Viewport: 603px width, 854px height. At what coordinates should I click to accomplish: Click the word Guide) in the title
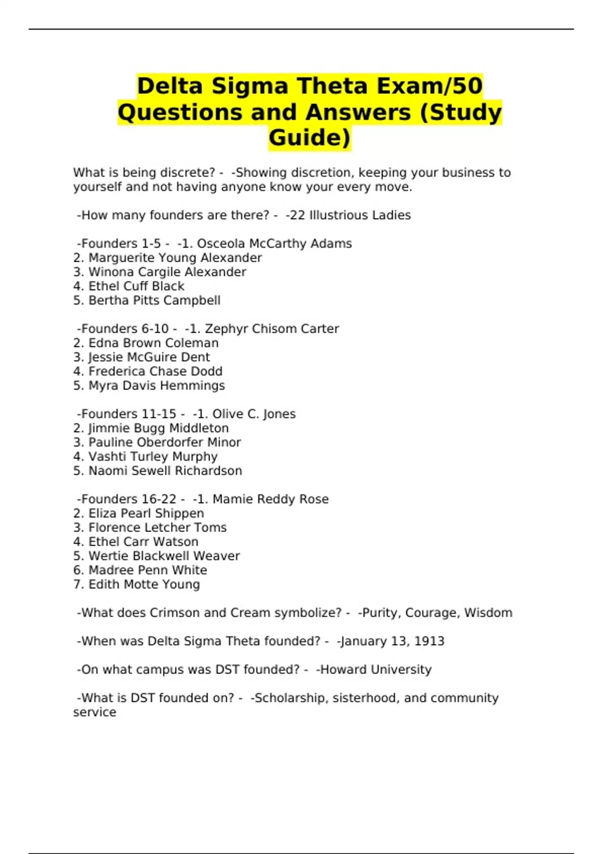(310, 138)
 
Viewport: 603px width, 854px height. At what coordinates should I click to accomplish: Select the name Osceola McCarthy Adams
(274, 244)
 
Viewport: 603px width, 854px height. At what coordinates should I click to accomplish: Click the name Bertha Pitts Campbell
(154, 300)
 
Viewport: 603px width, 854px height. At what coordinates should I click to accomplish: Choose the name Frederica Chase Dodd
(155, 371)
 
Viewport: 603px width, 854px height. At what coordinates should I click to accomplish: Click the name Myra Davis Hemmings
(157, 386)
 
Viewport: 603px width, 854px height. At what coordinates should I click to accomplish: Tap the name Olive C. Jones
(254, 414)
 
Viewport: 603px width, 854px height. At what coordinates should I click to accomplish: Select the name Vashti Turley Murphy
(153, 457)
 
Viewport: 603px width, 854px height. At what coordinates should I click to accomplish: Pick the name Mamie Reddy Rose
(270, 499)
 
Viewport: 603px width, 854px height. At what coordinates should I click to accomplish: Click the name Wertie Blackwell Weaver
(164, 556)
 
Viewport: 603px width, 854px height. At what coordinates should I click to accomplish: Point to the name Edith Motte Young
(144, 585)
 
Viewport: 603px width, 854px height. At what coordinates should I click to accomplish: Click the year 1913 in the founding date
(429, 642)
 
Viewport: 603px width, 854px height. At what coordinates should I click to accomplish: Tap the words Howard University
(376, 670)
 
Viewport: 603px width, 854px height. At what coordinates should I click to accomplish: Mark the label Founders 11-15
(129, 414)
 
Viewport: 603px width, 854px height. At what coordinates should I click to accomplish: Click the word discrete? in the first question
(187, 173)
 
